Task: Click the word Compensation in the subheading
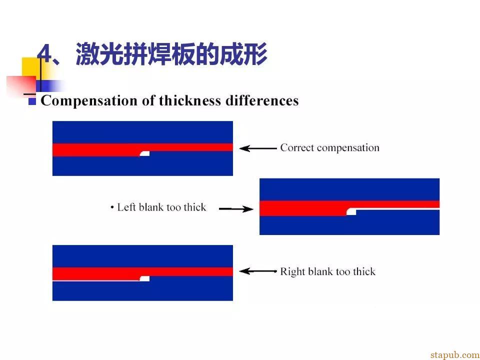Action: click(89, 100)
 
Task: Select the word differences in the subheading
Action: click(262, 100)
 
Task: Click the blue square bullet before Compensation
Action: click(32, 101)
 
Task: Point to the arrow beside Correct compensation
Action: click(258, 148)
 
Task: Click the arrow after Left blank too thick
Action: click(236, 209)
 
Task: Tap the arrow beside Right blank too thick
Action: click(258, 271)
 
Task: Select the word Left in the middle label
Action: click(126, 207)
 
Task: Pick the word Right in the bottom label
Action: click(293, 272)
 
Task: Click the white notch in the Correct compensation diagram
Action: click(145, 153)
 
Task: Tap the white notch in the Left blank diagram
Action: click(351, 212)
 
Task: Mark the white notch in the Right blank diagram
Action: click(144, 278)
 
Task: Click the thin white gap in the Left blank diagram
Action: click(397, 209)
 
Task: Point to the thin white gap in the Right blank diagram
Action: click(96, 280)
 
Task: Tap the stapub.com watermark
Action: click(455, 355)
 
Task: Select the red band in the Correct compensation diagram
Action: click(142, 149)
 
